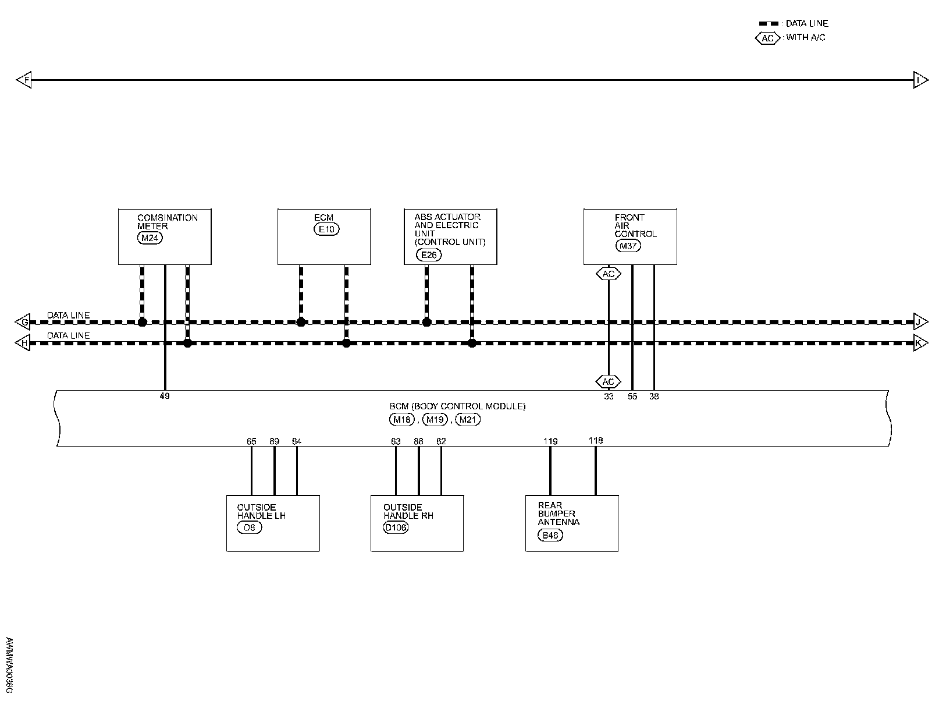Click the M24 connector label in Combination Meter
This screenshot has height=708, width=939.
[x=151, y=238]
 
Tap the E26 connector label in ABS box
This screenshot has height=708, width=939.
[x=429, y=254]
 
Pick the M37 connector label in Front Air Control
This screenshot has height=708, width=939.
[x=628, y=246]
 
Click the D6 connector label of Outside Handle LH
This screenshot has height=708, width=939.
[x=250, y=528]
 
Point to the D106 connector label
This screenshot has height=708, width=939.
[x=396, y=528]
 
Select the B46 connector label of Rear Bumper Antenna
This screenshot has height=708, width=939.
[x=550, y=536]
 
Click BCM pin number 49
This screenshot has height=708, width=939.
[x=165, y=397]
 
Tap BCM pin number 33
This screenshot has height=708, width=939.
[x=609, y=397]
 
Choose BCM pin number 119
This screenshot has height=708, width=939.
[x=550, y=441]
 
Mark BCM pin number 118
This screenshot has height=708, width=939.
[x=596, y=441]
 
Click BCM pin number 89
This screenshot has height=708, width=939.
[x=274, y=441]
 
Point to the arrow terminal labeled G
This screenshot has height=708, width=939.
[x=23, y=322]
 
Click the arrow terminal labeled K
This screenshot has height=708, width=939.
[x=920, y=343]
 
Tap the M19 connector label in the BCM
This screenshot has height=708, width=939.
[x=435, y=419]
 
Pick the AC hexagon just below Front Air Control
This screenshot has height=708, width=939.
[x=609, y=274]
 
